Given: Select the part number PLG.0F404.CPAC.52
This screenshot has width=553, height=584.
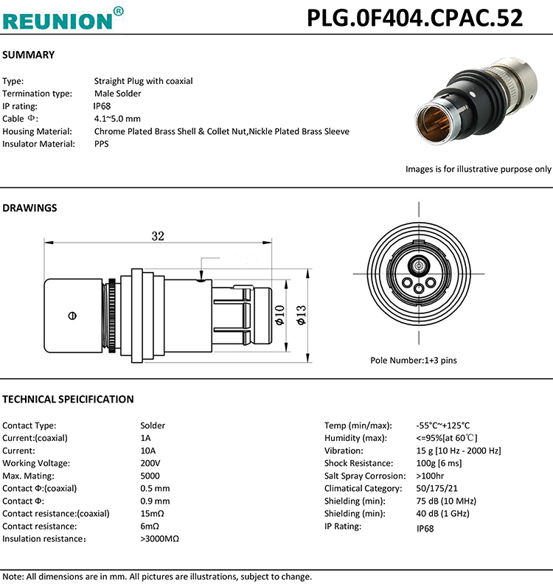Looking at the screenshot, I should [x=414, y=18].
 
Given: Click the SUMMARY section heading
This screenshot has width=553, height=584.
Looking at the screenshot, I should [x=29, y=55].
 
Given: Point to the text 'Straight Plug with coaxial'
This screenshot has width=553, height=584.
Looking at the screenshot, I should [x=143, y=81].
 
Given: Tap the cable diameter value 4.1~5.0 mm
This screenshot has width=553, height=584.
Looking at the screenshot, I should [x=117, y=119].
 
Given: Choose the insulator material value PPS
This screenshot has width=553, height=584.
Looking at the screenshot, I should [x=102, y=144].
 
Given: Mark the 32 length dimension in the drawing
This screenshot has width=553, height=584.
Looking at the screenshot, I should [x=158, y=236].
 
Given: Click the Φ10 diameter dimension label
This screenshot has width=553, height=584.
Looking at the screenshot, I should [x=279, y=315].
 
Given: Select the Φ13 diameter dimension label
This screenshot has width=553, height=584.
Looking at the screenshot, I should [x=301, y=315].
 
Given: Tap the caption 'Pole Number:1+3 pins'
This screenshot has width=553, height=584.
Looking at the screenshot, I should [x=414, y=361].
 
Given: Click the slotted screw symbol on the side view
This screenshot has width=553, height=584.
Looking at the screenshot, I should [x=72, y=315].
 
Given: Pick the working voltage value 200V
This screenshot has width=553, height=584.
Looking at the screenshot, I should [x=150, y=463].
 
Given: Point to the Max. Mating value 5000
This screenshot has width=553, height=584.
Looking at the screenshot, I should [x=150, y=476].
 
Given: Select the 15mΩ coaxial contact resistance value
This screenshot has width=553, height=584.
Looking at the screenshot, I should [x=151, y=513].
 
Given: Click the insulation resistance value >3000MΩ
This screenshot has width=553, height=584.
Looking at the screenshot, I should [x=159, y=539].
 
